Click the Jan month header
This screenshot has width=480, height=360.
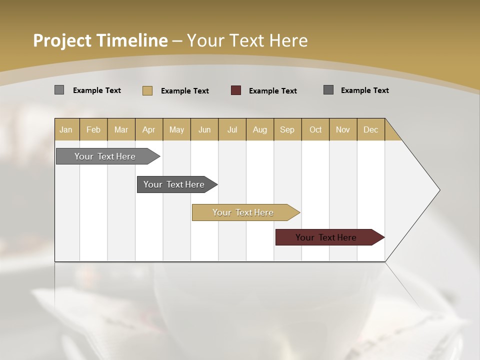click(x=66, y=129)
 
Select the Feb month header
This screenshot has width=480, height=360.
click(x=93, y=129)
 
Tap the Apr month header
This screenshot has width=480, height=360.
click(x=149, y=129)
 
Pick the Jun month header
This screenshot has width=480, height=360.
click(x=204, y=129)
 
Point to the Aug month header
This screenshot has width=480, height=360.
click(x=260, y=129)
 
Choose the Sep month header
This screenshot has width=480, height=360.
click(x=287, y=129)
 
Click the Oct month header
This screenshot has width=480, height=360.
click(x=315, y=129)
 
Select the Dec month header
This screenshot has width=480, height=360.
click(x=371, y=129)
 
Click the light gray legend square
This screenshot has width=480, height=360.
click(x=59, y=90)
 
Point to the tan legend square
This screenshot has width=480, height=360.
click(x=147, y=90)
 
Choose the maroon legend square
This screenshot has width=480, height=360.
click(x=236, y=90)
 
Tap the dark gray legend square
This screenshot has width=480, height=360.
click(x=328, y=90)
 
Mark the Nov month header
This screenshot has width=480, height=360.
click(x=343, y=129)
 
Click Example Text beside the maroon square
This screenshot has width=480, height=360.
click(x=272, y=91)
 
